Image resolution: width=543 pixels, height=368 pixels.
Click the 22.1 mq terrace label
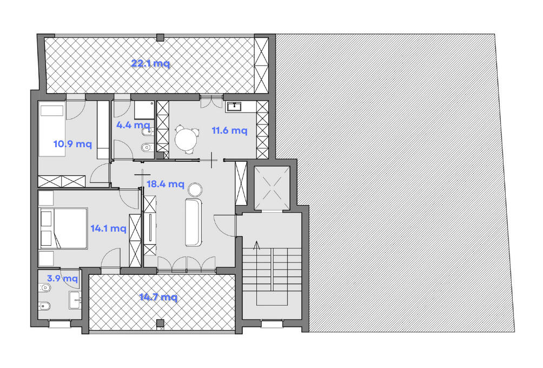151,63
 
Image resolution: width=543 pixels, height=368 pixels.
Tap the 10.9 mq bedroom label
72,143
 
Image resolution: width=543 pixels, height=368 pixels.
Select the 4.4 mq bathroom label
134,125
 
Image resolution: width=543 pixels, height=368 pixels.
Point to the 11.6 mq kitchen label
230,130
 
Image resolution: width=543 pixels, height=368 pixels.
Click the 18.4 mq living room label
165,183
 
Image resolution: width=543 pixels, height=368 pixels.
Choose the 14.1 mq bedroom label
108,228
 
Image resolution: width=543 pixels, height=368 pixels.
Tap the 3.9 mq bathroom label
62,278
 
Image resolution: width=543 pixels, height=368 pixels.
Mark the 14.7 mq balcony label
158,297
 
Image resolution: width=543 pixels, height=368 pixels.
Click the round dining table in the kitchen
186,139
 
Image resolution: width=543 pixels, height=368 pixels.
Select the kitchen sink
234,106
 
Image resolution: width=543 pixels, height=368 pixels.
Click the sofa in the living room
193,222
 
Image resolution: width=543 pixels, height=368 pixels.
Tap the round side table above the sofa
195,190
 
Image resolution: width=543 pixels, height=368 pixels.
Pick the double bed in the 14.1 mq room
63,228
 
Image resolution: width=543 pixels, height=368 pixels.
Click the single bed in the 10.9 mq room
52,129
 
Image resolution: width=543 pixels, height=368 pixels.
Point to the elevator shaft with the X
272,188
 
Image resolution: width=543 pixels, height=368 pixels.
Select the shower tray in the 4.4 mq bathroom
144,110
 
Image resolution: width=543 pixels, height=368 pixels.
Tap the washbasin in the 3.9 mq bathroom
75,300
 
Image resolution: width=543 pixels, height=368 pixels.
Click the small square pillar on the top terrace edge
160,37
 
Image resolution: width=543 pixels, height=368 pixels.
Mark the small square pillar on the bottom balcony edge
160,324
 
